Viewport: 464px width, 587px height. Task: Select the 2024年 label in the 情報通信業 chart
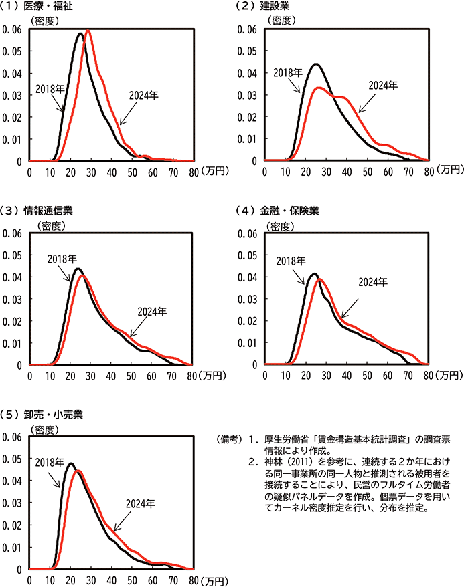(151, 312)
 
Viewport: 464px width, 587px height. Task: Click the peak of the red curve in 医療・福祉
(88, 31)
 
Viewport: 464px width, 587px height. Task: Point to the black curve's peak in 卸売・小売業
(70, 463)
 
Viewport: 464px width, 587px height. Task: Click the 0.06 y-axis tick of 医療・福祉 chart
(12, 29)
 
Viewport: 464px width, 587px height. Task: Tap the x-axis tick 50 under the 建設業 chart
(367, 172)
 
